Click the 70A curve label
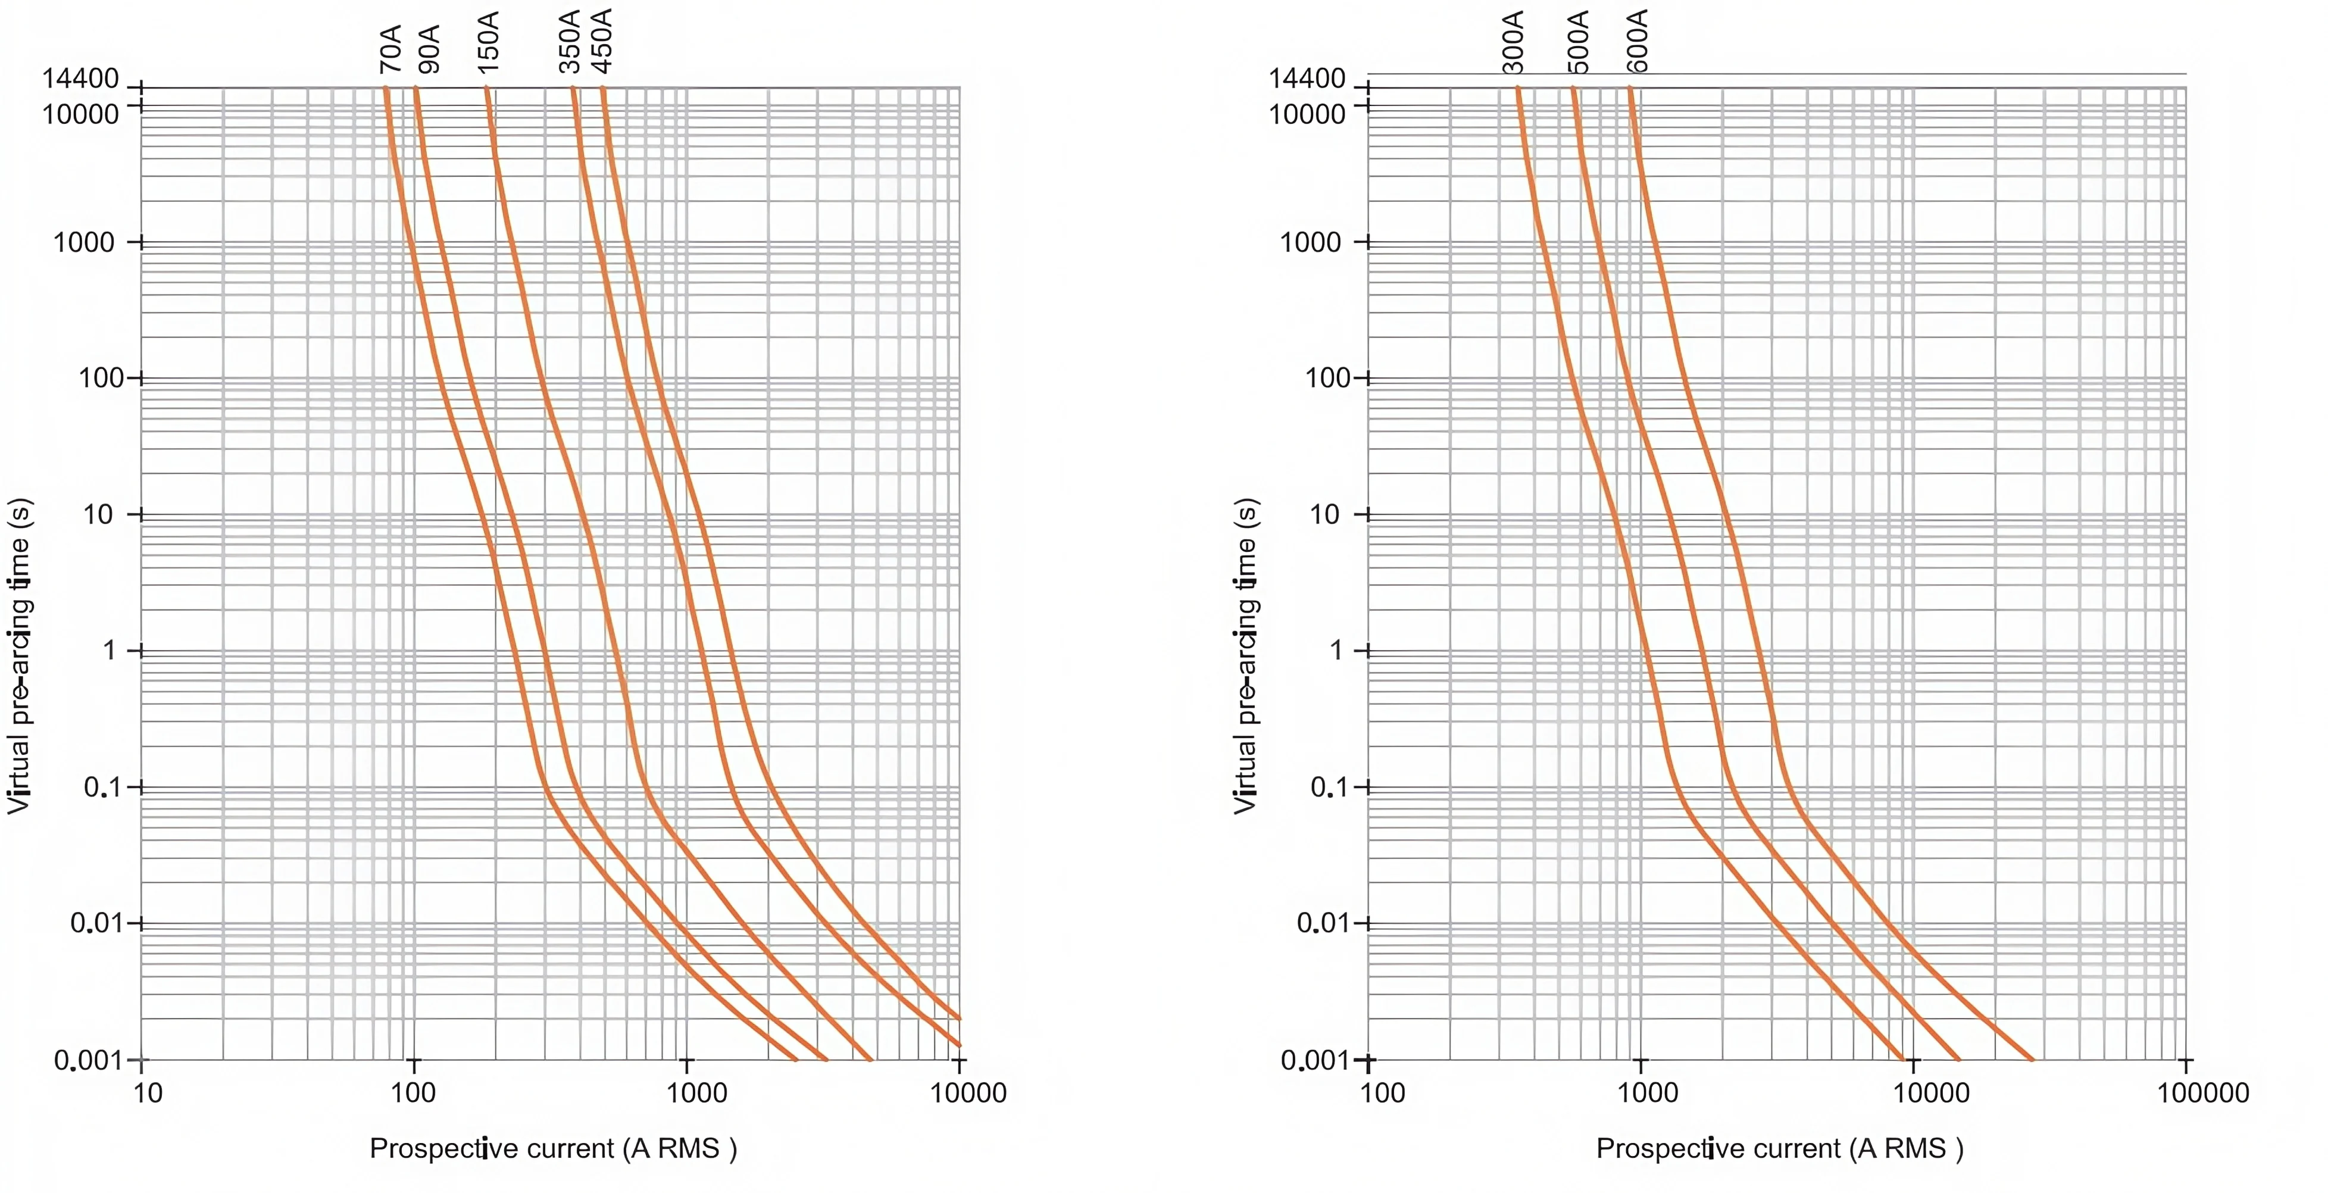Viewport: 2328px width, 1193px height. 390,50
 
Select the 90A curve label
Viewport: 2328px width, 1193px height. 430,50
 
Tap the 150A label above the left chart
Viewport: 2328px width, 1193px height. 488,42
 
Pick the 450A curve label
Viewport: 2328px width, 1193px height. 602,40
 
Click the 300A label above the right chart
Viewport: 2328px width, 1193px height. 1514,42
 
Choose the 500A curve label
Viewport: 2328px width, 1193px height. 1578,42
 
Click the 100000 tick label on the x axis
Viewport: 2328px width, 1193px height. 2202,1094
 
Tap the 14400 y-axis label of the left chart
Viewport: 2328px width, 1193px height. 80,80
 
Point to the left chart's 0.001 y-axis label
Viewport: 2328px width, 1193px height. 88,1060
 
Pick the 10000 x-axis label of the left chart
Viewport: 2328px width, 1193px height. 968,1094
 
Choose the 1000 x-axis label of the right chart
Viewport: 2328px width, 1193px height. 1648,1094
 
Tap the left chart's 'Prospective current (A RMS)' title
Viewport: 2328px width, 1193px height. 553,1149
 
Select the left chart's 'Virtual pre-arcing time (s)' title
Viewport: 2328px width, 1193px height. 19,655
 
